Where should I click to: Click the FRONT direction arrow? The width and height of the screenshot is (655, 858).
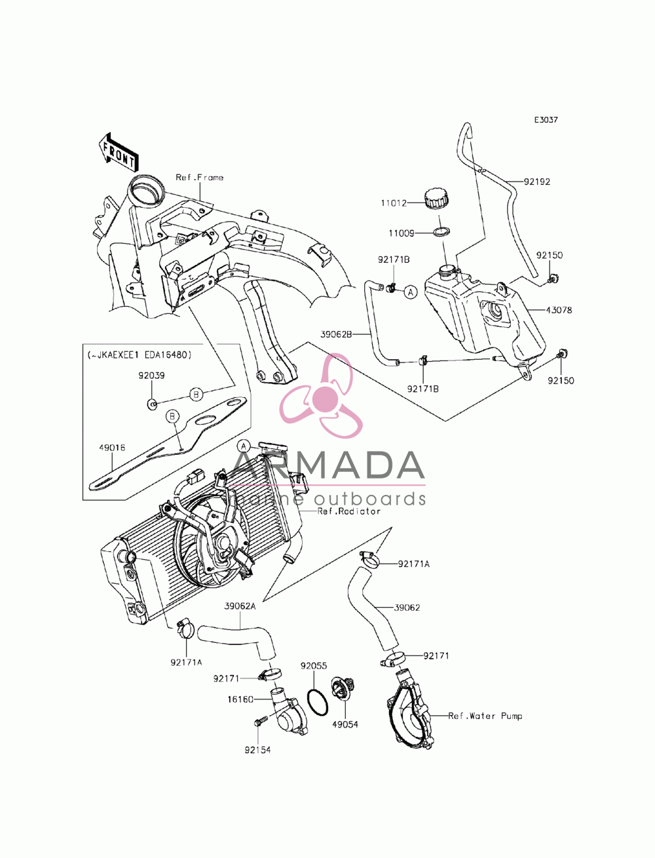click(x=117, y=153)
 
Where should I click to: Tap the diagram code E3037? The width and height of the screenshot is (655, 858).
click(x=546, y=120)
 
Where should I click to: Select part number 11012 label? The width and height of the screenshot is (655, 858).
click(x=394, y=203)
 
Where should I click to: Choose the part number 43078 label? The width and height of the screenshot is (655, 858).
click(x=559, y=310)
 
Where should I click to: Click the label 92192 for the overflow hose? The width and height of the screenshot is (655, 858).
click(x=537, y=182)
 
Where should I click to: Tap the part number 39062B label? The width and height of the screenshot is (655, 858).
click(x=336, y=334)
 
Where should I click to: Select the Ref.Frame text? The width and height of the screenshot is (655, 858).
click(x=200, y=178)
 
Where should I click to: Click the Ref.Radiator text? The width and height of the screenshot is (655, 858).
click(x=348, y=511)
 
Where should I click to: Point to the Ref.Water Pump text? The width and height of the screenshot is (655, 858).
click(x=485, y=716)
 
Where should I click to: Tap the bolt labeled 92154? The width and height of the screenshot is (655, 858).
click(x=261, y=718)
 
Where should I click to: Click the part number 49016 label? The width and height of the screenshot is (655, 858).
click(x=112, y=448)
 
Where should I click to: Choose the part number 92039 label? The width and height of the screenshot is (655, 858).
click(x=151, y=376)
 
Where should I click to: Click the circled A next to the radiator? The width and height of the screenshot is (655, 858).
click(x=244, y=446)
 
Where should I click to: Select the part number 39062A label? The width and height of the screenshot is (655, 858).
click(x=240, y=606)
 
